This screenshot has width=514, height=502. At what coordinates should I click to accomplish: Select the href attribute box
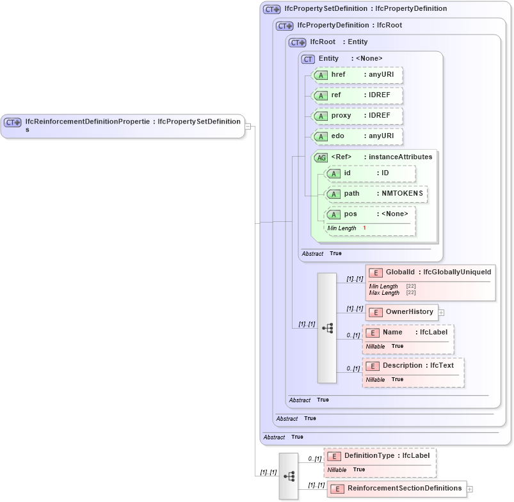(357, 75)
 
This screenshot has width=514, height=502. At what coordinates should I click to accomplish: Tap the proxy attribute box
(357, 116)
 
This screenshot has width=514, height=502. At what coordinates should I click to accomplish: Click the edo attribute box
(357, 136)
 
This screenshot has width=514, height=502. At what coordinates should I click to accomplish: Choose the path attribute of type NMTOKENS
(376, 194)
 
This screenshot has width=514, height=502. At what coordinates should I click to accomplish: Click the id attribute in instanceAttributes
(369, 173)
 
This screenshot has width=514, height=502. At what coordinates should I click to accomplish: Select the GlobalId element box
(430, 273)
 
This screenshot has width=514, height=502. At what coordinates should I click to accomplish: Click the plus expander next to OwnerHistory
(441, 313)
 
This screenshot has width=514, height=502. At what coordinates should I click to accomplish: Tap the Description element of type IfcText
(413, 366)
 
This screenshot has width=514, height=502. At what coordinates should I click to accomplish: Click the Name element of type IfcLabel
(407, 333)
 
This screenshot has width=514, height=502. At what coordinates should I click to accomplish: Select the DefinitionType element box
(380, 456)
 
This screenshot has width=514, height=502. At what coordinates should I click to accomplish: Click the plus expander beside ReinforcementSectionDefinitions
(470, 489)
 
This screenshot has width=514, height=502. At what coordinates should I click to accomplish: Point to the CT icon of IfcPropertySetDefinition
(272, 9)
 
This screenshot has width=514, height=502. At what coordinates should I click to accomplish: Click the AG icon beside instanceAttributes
(321, 157)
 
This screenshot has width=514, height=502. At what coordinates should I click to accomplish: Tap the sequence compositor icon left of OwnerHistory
(327, 328)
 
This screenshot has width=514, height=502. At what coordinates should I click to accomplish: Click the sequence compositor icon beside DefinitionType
(289, 476)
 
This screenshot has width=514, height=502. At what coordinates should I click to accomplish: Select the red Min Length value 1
(364, 228)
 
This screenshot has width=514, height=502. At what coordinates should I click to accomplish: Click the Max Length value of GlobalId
(411, 293)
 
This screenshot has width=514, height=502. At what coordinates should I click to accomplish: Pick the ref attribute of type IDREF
(357, 96)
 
